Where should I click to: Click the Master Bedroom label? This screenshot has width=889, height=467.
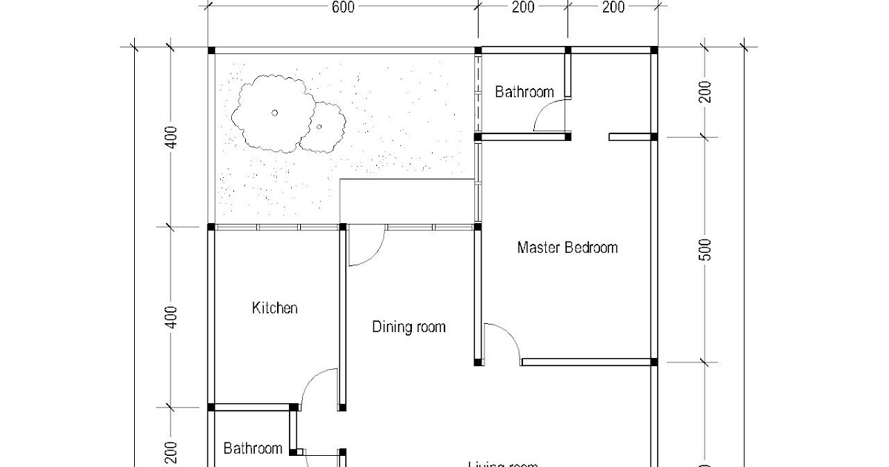(567, 248)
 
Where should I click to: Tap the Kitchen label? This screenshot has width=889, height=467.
(275, 308)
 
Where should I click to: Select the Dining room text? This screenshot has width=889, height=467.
(409, 327)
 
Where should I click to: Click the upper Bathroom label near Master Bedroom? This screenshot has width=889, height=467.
(524, 93)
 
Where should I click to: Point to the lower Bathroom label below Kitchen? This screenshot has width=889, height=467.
(253, 448)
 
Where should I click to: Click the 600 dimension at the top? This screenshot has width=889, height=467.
(342, 8)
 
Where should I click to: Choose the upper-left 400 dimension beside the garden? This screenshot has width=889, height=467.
(171, 137)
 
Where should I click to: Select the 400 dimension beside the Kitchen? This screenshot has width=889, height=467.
(171, 317)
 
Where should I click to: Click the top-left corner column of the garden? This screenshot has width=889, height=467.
(211, 50)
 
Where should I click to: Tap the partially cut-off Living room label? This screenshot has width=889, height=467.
(502, 464)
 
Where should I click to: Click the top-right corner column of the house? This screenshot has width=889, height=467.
(653, 50)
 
